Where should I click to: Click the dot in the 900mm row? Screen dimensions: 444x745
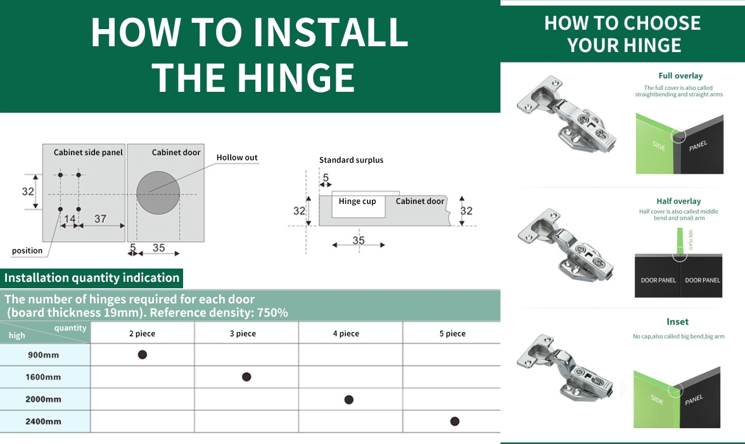(143, 355)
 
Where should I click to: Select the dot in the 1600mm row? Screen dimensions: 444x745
(246, 377)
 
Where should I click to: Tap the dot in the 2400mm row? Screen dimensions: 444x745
(454, 421)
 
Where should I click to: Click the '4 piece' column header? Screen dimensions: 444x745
(346, 334)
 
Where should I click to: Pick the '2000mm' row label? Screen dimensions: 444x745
(43, 400)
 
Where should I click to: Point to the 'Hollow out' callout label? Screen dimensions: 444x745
(237, 158)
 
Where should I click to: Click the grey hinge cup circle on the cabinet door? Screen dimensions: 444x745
(158, 193)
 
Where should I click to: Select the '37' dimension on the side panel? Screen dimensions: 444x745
(100, 219)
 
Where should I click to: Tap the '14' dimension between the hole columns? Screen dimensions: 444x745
(69, 219)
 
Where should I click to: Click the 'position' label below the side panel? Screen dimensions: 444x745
(27, 251)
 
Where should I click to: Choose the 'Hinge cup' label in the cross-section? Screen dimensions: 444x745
(357, 201)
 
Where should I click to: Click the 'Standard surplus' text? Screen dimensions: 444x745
(351, 160)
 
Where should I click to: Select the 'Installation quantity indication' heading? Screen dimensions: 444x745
(92, 277)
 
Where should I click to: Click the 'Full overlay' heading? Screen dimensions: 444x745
(680, 76)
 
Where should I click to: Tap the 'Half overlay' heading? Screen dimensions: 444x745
(678, 201)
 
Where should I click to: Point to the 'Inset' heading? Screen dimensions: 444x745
(677, 322)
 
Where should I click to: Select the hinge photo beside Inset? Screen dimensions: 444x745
(566, 367)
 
